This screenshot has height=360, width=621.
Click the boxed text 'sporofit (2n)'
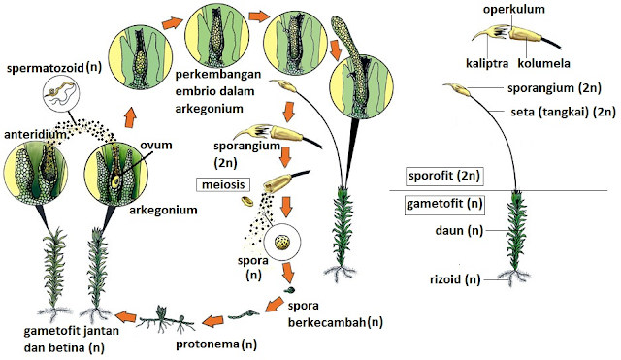(444, 176)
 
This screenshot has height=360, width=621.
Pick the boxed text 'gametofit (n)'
(444, 203)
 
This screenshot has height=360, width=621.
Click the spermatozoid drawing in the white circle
(65, 95)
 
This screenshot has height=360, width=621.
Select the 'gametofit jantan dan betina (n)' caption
(55, 339)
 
